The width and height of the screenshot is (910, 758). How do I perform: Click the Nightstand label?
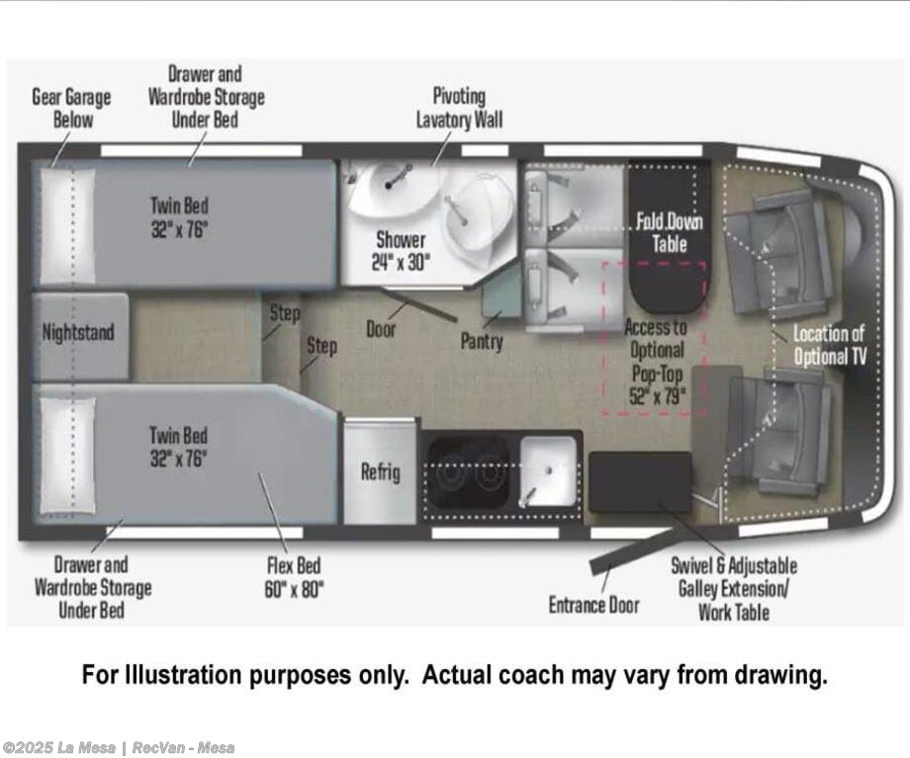point(78,332)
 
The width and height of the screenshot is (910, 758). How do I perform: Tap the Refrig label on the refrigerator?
point(380,471)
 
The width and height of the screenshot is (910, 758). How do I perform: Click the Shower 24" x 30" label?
point(401,251)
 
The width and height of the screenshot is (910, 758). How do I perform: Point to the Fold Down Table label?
point(670,232)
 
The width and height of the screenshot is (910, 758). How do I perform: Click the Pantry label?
point(482,340)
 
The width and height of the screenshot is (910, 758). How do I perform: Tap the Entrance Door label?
point(593,605)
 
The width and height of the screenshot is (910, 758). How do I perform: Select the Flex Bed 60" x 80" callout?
point(294,577)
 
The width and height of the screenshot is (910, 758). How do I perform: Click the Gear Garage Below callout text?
point(71,108)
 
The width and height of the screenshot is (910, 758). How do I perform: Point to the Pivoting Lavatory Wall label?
point(459,108)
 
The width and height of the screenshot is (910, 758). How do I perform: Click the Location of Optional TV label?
point(830,345)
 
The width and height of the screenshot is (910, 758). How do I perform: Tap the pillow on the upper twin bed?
point(67,225)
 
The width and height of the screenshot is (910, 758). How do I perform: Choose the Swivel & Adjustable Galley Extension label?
point(734,588)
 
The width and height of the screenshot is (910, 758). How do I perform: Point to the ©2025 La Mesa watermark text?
point(58,748)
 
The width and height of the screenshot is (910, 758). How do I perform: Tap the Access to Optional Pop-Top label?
point(657,361)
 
